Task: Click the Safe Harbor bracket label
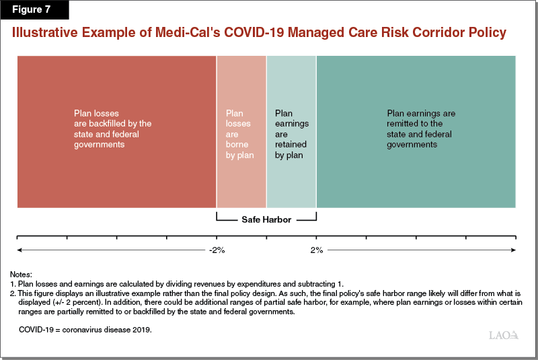[x=266, y=219]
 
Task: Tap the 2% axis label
[x=317, y=250]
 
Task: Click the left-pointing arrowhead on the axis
[x=20, y=250]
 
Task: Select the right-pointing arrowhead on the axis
[x=513, y=250]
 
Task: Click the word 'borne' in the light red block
[x=237, y=145]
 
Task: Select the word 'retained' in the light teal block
[x=291, y=145]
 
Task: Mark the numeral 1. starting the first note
[x=13, y=285]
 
